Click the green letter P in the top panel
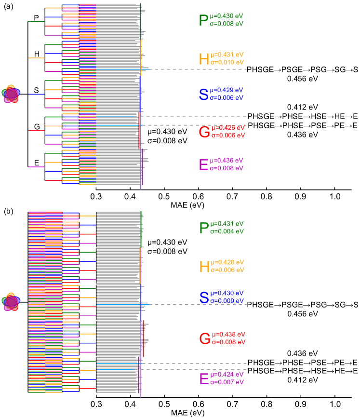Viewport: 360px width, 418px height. [203, 20]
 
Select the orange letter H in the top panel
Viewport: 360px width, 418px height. [204, 59]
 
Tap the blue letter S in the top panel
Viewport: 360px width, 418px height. [204, 94]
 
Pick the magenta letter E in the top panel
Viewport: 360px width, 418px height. [203, 165]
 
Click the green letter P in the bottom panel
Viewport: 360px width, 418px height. [204, 228]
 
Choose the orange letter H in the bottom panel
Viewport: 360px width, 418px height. [204, 267]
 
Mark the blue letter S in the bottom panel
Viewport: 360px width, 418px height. [204, 297]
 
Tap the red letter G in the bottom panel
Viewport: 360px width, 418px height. [205, 338]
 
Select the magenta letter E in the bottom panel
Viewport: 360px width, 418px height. [204, 379]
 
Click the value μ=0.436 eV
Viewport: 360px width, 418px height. [227, 161]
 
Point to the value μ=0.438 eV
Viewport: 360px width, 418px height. [228, 334]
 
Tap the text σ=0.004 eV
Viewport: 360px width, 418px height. [227, 231]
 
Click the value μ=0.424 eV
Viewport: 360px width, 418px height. [227, 375]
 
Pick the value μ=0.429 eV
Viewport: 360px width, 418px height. [227, 90]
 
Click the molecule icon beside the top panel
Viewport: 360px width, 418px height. [10, 94]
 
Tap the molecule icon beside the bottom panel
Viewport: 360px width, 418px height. [10, 302]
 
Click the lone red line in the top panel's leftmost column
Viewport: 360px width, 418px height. [36, 130]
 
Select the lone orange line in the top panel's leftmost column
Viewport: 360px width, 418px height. [36, 58]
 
